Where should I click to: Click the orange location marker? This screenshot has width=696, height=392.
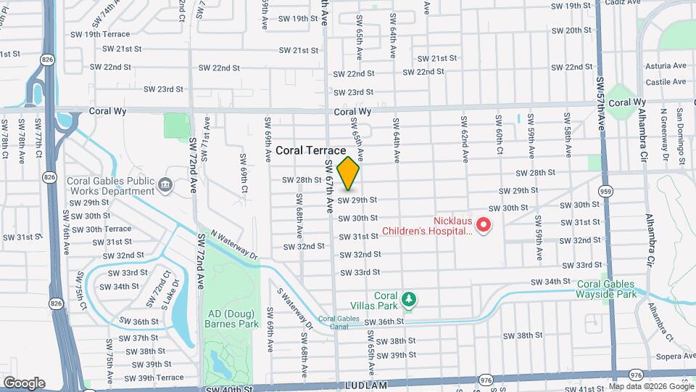349,173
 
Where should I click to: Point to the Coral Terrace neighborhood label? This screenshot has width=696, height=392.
310,150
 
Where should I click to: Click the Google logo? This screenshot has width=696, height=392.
23,383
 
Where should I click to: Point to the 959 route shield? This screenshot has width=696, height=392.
604,190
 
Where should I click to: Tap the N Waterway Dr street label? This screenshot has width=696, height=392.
234,245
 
